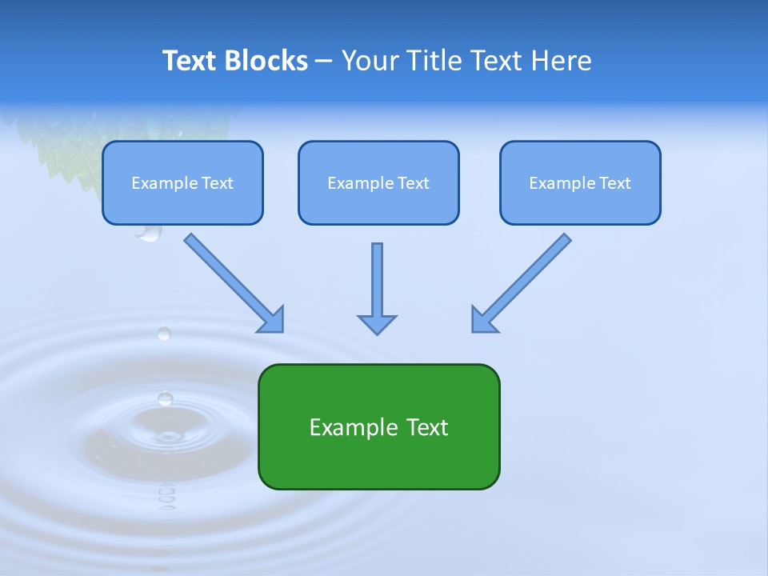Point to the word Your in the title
pyautogui.click(x=371, y=61)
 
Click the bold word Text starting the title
pyautogui.click(x=190, y=61)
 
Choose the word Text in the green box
pyautogui.click(x=428, y=427)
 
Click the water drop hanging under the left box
pyautogui.click(x=149, y=233)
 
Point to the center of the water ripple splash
pyautogui.click(x=167, y=436)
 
